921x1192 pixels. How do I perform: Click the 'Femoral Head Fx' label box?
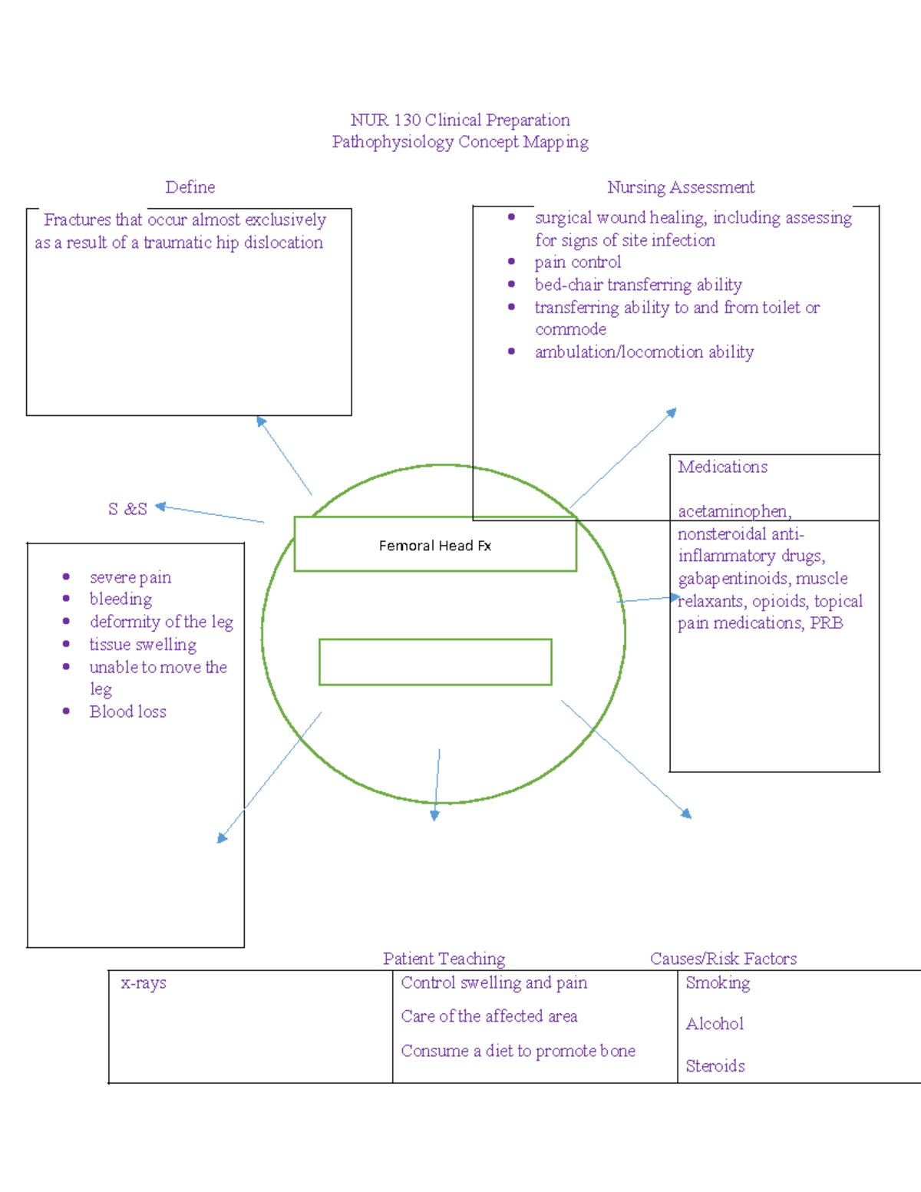pos(435,545)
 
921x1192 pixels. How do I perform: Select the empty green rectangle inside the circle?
pos(435,662)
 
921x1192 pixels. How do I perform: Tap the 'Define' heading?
pos(190,187)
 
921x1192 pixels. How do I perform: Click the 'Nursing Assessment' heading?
pos(681,187)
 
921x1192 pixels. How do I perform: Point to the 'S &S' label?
pos(127,509)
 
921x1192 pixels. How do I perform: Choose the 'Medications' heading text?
pos(722,467)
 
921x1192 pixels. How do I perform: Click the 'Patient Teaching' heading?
pos(444,959)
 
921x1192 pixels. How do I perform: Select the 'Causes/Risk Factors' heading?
pos(723,959)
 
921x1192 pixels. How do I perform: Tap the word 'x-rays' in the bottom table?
pos(144,983)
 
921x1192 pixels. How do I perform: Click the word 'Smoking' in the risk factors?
pos(718,983)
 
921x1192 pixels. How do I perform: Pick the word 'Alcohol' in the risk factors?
pos(715,1024)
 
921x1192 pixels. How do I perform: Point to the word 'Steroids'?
pos(715,1066)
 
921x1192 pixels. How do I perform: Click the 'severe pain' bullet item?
pos(130,577)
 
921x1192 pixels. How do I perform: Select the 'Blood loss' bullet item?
pos(128,712)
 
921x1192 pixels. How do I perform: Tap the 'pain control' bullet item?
pos(578,263)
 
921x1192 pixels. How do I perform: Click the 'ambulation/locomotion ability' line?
pos(645,352)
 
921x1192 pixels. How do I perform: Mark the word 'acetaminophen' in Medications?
pos(733,511)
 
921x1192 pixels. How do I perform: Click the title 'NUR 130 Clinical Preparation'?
pos(460,121)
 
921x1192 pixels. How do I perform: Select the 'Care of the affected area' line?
pos(489,1016)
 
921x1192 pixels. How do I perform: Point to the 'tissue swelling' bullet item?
pos(143,645)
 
